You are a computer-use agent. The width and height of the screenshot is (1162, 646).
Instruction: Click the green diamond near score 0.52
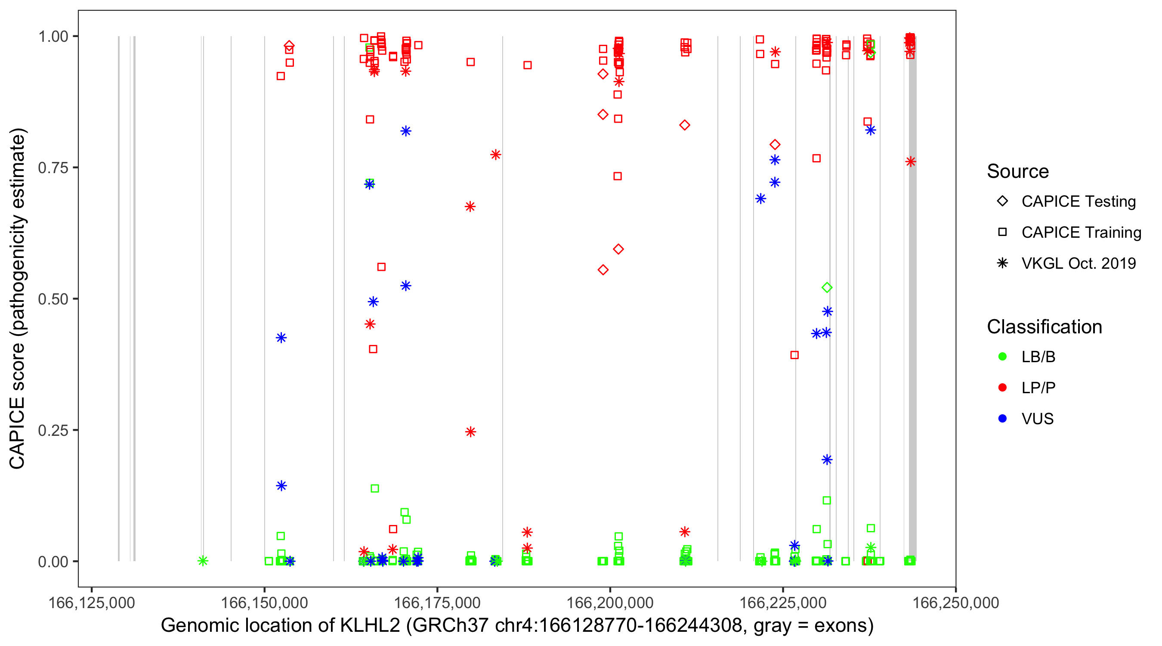[x=826, y=288]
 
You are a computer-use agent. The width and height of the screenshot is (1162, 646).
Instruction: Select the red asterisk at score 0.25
[x=470, y=432]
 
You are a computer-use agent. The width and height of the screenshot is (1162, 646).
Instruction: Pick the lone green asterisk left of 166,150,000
[x=203, y=561]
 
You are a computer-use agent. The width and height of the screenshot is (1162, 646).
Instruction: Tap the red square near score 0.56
[x=381, y=267]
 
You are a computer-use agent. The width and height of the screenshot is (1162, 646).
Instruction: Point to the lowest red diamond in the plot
[x=603, y=270]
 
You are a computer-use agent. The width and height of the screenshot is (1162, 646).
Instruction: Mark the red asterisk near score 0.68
[x=470, y=207]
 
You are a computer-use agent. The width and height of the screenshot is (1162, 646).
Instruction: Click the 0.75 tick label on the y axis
[x=53, y=168]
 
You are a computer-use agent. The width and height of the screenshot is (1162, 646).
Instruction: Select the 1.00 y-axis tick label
[x=53, y=37]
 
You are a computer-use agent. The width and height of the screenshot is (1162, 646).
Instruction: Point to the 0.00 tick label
[x=53, y=562]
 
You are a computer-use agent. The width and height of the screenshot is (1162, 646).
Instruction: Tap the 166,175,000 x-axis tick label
[x=437, y=603]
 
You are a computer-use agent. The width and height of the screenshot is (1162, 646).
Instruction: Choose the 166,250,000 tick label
[x=955, y=603]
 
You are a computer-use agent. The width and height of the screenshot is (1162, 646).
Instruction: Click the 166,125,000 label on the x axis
[x=92, y=603]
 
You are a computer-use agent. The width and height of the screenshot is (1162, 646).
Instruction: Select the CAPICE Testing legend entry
[x=1078, y=202]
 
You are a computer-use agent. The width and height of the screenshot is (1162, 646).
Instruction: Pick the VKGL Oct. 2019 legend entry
[x=1078, y=263]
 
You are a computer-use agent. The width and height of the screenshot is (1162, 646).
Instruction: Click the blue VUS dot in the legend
[x=1002, y=419]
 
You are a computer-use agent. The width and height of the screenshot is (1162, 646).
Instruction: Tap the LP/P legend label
[x=1038, y=388]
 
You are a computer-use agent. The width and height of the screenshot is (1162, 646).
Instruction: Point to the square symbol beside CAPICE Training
[x=1002, y=232]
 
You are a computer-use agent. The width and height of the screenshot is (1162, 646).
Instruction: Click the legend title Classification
[x=1044, y=327]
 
